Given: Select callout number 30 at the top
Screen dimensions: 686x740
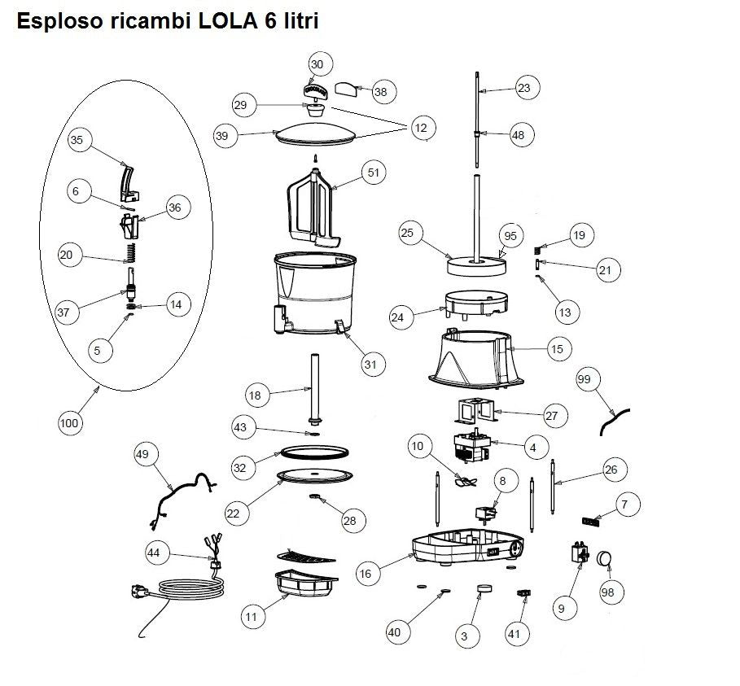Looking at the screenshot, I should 317,64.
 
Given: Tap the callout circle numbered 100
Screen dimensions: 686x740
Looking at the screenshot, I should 71,422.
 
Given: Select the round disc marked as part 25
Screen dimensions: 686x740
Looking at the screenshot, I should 477,265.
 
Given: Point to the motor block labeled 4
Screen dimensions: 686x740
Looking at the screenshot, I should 475,448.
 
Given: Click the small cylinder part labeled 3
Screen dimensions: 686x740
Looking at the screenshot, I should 484,588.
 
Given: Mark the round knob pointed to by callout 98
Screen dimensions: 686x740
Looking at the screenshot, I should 604,558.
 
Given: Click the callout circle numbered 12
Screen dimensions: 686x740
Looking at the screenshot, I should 420,129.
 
